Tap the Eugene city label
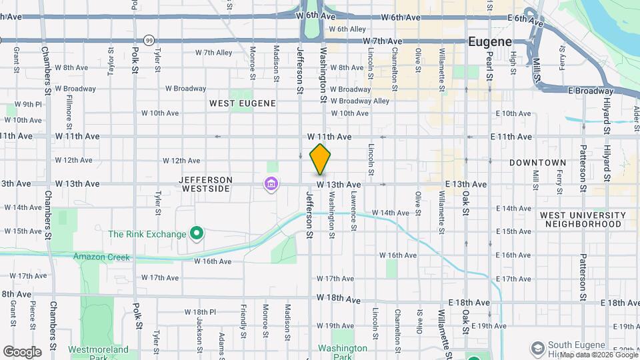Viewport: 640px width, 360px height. coord(490,41)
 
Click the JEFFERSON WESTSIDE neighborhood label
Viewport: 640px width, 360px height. coord(205,184)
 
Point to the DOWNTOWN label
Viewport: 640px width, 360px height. coord(537,163)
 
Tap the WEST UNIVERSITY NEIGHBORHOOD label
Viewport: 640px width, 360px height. coord(583,219)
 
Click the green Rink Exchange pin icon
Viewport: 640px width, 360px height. coord(197,233)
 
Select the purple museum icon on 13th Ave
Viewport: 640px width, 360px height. coord(271,183)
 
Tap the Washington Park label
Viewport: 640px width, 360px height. coord(343,352)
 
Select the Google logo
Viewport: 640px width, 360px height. coord(21,352)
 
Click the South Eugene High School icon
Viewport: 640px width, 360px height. coord(538,348)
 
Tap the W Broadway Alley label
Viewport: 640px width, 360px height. coord(363,101)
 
